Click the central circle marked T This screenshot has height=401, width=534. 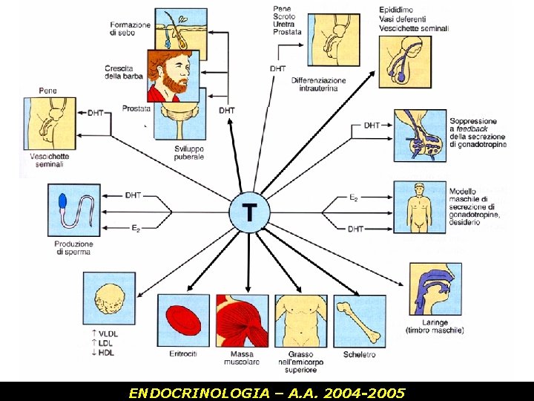248,212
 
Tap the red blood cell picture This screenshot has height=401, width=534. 183,321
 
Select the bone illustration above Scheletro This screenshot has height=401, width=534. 360,321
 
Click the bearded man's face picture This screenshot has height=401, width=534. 174,76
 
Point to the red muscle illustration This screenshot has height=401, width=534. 242,321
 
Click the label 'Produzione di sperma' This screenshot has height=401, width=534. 73,248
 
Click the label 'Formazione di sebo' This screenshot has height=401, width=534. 130,29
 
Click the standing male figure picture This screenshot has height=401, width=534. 419,208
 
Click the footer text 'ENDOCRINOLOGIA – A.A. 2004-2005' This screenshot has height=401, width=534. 266,392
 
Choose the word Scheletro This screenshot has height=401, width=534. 360,355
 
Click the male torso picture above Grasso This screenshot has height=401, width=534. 300,321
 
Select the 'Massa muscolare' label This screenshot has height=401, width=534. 242,359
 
